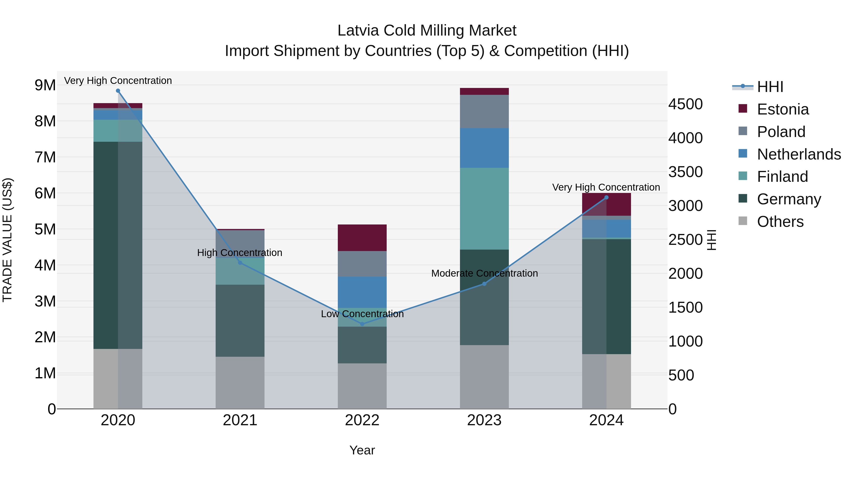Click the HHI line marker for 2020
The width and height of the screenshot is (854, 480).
(118, 91)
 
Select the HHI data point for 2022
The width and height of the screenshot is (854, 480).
(362, 324)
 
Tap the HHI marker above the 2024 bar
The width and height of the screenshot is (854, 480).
(606, 197)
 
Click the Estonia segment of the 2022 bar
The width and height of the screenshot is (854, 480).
(362, 238)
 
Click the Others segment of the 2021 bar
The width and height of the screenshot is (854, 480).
(240, 383)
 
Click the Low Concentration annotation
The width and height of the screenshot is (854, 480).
(362, 314)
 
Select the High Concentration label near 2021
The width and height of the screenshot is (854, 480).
(240, 253)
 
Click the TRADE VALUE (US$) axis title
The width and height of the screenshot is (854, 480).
(7, 240)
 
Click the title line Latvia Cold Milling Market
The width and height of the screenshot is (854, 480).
(427, 31)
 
